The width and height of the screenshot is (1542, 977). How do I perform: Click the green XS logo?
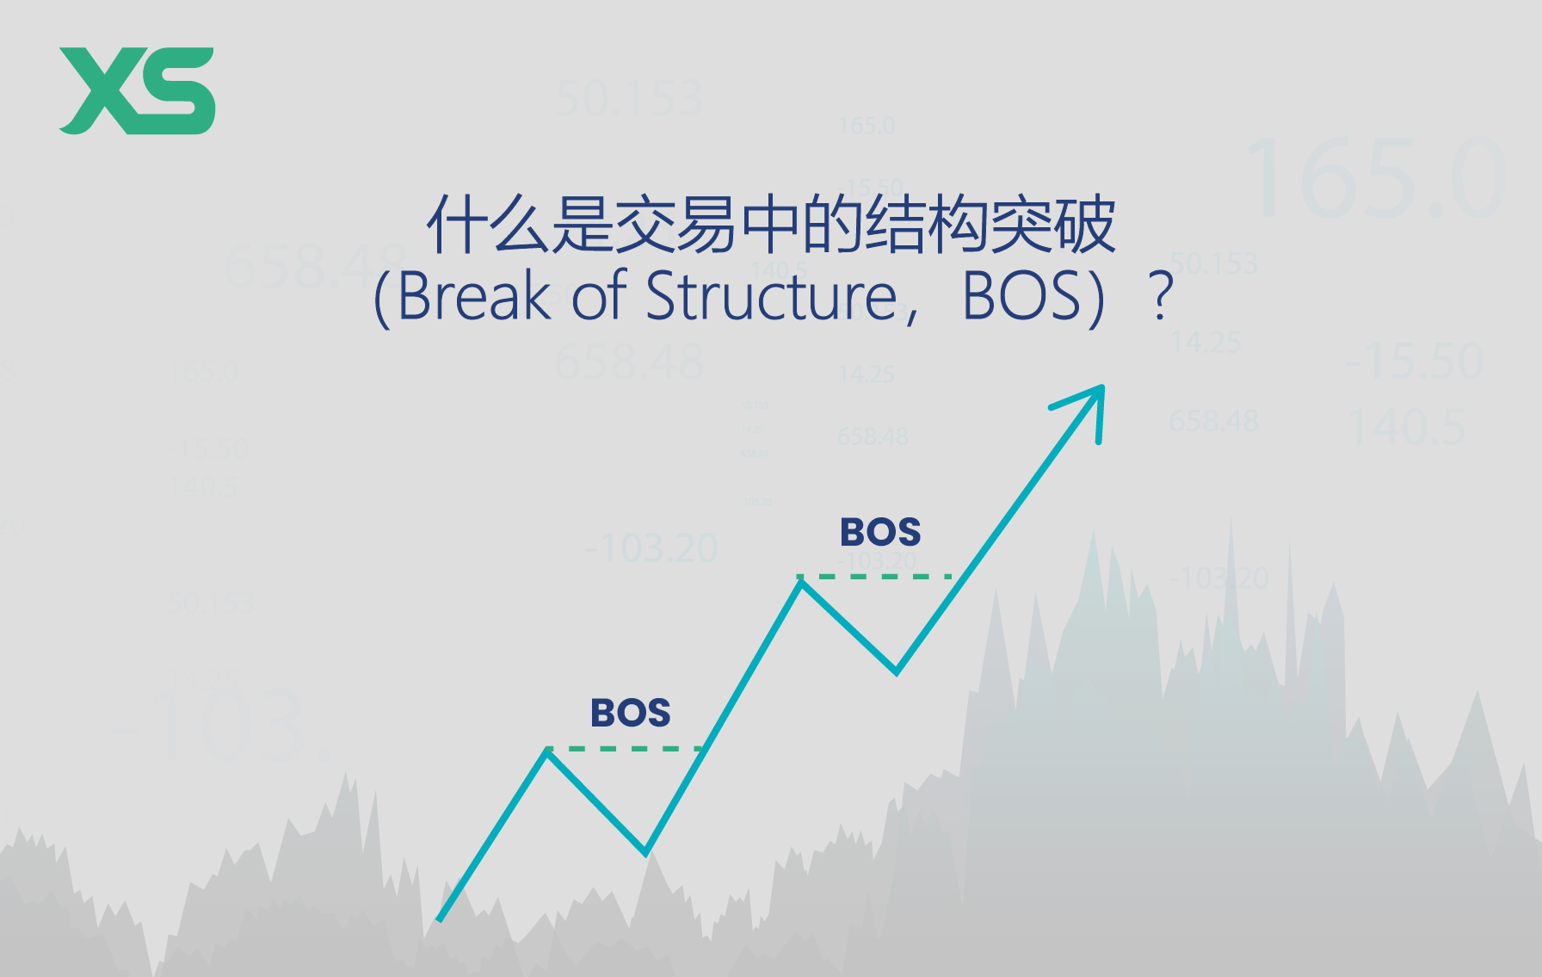pyautogui.click(x=137, y=90)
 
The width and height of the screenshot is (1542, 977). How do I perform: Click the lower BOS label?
pyautogui.click(x=630, y=713)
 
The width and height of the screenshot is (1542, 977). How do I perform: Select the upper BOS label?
pyautogui.click(x=880, y=532)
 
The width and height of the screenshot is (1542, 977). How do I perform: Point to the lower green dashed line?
pyautogui.click(x=626, y=749)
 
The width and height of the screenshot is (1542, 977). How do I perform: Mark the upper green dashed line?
pyautogui.click(x=874, y=576)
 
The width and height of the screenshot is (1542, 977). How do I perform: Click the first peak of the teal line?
pyautogui.click(x=547, y=751)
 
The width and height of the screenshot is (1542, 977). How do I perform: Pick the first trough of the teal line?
pyautogui.click(x=645, y=852)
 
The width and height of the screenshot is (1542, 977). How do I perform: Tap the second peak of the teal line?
pyautogui.click(x=801, y=582)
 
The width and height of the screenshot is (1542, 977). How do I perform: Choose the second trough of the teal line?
pyautogui.click(x=897, y=671)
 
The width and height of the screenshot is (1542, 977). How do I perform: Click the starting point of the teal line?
pyautogui.click(x=440, y=919)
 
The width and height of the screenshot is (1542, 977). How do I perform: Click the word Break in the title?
pyautogui.click(x=473, y=296)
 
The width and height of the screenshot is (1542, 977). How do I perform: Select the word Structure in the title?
pyautogui.click(x=771, y=296)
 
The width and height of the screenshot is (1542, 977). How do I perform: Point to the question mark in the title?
pyautogui.click(x=1162, y=296)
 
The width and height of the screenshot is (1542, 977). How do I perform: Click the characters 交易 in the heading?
pyautogui.click(x=676, y=226)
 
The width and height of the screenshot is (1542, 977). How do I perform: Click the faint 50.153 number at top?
pyautogui.click(x=629, y=99)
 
